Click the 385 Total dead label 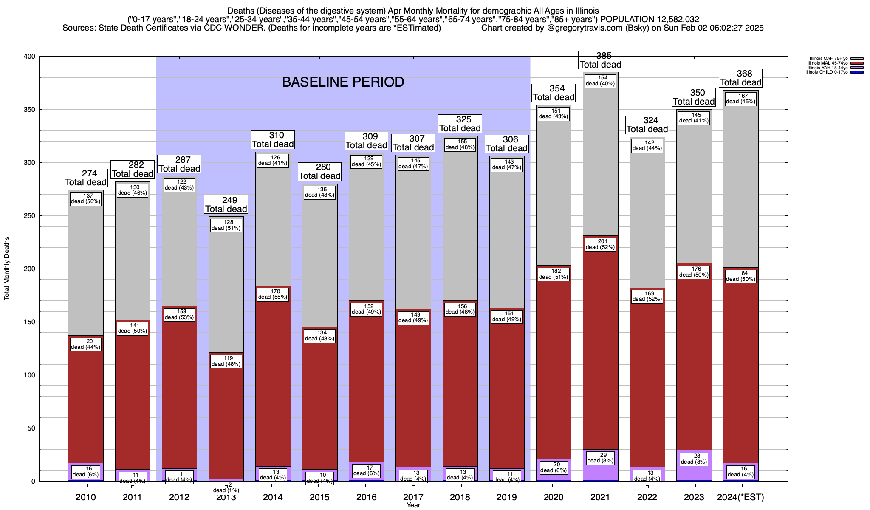click(x=600, y=60)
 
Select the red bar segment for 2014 click(x=273, y=382)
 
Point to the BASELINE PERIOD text click(x=343, y=82)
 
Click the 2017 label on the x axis click(x=413, y=497)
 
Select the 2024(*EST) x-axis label click(x=740, y=497)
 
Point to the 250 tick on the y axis click(x=30, y=216)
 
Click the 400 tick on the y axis click(x=30, y=57)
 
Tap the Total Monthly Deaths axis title click(x=7, y=269)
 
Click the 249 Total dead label click(x=226, y=204)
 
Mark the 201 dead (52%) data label click(x=600, y=244)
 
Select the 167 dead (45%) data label click(x=740, y=99)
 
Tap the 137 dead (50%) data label click(x=86, y=198)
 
